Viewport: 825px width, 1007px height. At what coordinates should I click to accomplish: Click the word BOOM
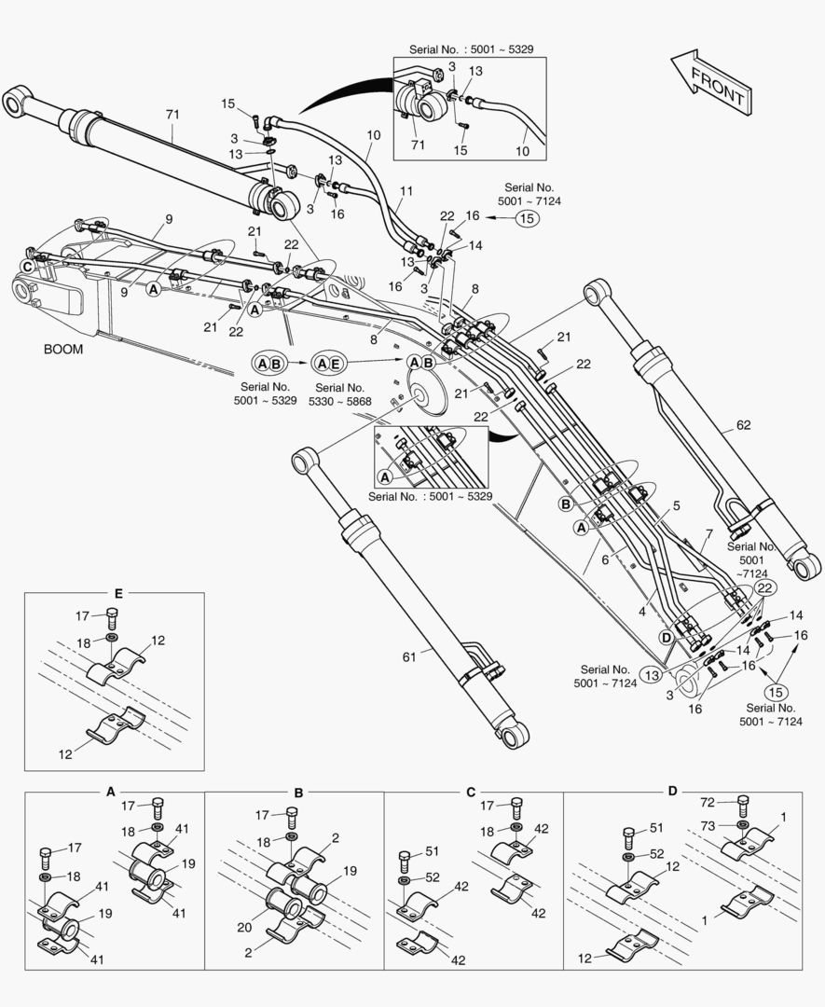(63, 350)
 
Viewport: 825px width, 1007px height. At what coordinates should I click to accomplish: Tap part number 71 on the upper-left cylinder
(172, 114)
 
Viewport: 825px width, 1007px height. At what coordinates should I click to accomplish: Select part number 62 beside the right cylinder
(743, 426)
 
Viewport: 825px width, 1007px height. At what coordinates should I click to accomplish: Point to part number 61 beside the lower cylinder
(408, 657)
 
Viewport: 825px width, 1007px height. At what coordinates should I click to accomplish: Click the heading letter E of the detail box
(117, 593)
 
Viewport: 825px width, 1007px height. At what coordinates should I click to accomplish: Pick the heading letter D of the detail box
(672, 791)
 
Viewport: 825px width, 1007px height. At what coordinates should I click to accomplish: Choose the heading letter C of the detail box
(472, 792)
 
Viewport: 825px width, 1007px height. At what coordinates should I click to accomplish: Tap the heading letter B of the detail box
(298, 793)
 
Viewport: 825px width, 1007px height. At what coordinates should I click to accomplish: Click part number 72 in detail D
(708, 801)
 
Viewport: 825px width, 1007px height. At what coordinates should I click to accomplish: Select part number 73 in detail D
(708, 825)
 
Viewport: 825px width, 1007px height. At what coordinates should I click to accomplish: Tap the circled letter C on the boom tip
(28, 266)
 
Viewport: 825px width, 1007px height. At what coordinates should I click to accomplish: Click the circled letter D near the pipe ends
(667, 637)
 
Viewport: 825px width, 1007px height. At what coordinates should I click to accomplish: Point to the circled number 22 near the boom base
(764, 587)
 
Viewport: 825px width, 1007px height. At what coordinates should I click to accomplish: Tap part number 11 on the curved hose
(406, 191)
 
